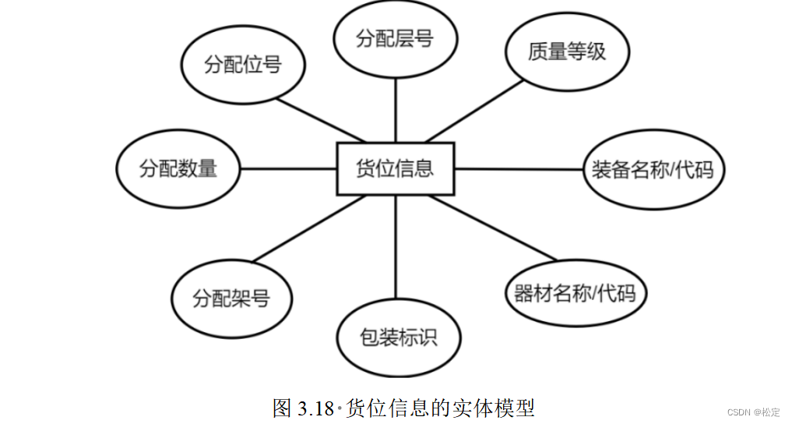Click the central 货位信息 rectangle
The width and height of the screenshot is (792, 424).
(395, 168)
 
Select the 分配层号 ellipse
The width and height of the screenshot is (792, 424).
(395, 39)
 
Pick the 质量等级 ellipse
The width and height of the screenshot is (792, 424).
(566, 52)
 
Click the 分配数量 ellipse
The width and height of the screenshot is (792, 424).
(178, 168)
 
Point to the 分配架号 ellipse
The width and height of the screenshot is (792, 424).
(231, 298)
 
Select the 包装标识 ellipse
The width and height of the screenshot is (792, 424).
(398, 337)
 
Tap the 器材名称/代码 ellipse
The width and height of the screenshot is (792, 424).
(575, 293)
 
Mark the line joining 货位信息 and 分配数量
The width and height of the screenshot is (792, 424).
(288, 168)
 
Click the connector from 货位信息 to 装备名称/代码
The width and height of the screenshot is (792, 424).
(519, 168)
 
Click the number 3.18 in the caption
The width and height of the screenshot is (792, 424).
(315, 408)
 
